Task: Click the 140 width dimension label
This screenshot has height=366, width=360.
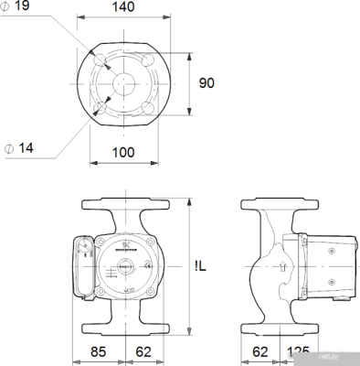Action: coord(122,7)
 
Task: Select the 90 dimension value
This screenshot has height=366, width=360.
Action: coord(208,82)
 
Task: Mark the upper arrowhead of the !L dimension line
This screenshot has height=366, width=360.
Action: coord(187,202)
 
